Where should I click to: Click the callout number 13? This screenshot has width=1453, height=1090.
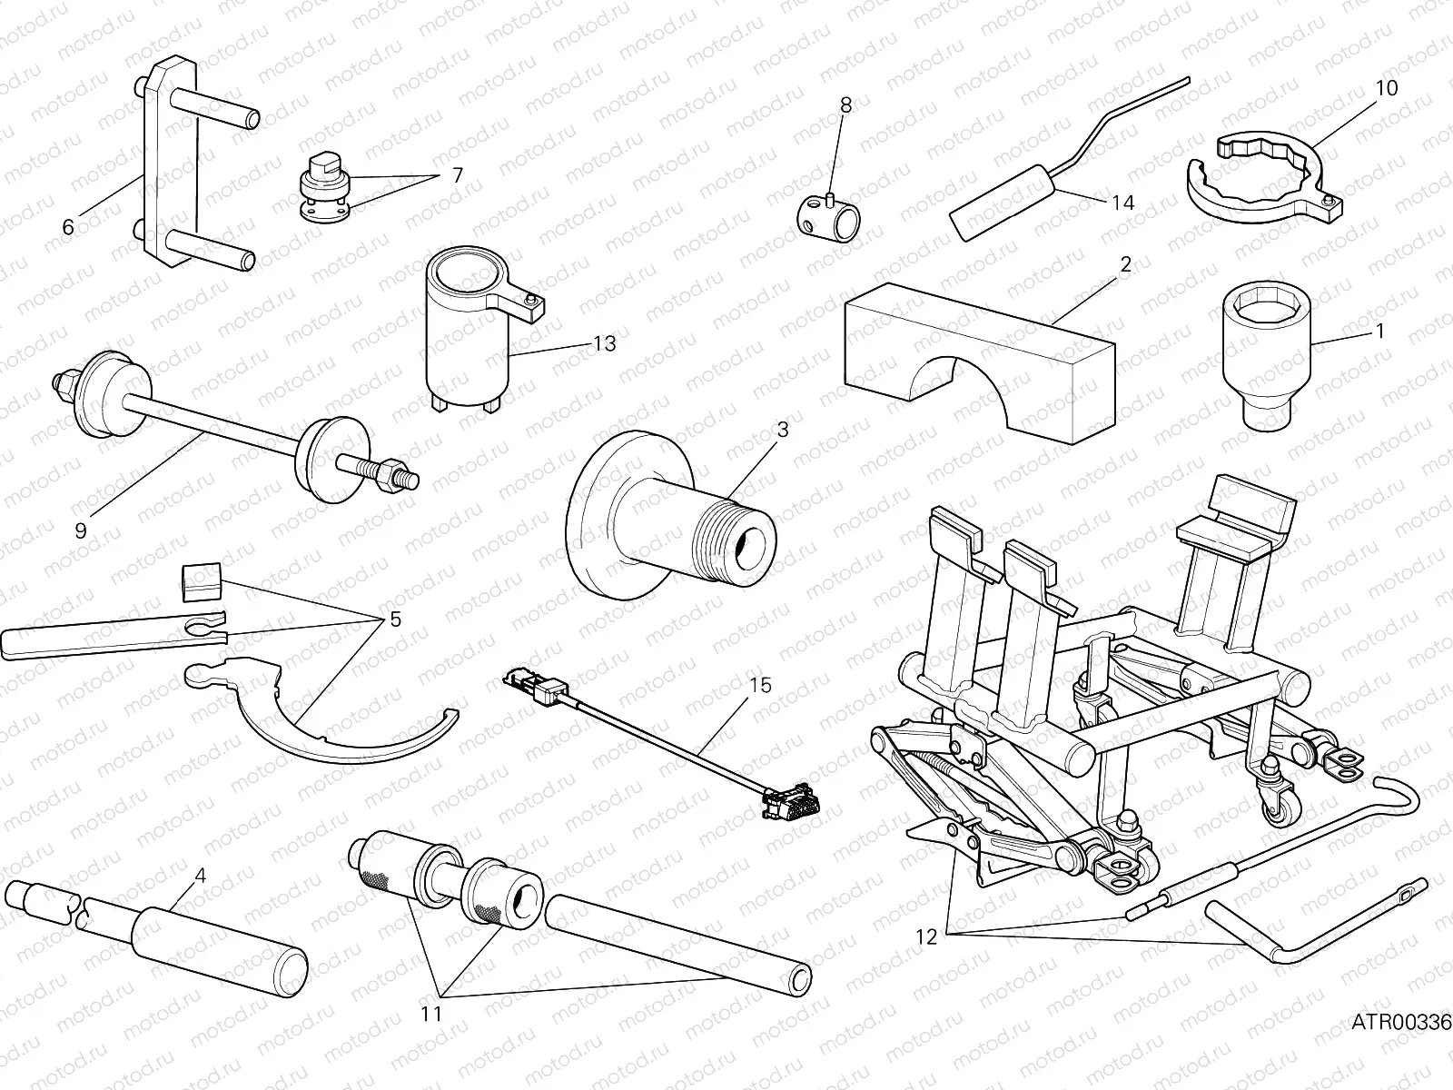[x=604, y=343]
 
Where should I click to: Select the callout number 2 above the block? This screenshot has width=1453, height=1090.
[x=1125, y=264]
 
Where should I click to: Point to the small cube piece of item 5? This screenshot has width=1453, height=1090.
[x=202, y=581]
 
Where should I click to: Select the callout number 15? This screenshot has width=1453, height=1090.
[x=760, y=684]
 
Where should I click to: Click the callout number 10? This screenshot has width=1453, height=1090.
[x=1386, y=88]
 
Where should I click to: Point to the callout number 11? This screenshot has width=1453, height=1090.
[x=432, y=1014]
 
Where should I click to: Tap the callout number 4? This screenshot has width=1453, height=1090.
[x=200, y=876]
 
